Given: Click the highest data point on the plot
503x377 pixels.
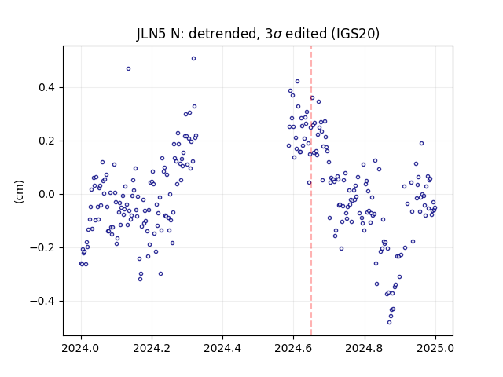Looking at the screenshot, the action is tap(194, 59).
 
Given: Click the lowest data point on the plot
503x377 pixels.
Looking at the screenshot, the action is tap(390, 323).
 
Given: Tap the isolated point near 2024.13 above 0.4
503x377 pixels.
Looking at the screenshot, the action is tap(128, 69).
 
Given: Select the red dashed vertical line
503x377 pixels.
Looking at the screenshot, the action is tap(311, 191).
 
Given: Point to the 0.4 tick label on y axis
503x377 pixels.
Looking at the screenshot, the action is tap(48, 87).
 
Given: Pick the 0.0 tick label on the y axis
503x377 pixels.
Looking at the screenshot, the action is tap(48, 195).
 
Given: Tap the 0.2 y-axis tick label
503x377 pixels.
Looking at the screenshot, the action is tap(48, 141).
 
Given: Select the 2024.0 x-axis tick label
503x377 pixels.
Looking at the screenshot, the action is tap(81, 348).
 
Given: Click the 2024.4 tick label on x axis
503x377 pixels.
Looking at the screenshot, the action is tap(222, 348).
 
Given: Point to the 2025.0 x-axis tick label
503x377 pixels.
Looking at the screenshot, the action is tap(435, 348).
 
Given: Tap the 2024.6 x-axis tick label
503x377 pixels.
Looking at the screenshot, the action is tap(293, 348).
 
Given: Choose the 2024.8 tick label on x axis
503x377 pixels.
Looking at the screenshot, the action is tap(365, 348).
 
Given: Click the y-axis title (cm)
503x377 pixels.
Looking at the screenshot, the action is tap(19, 192).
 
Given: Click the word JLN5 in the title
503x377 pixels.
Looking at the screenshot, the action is tap(152, 34).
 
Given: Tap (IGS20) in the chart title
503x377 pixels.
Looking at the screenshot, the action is tap(354, 34).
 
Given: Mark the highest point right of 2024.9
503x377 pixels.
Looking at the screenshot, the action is tap(421, 144).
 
